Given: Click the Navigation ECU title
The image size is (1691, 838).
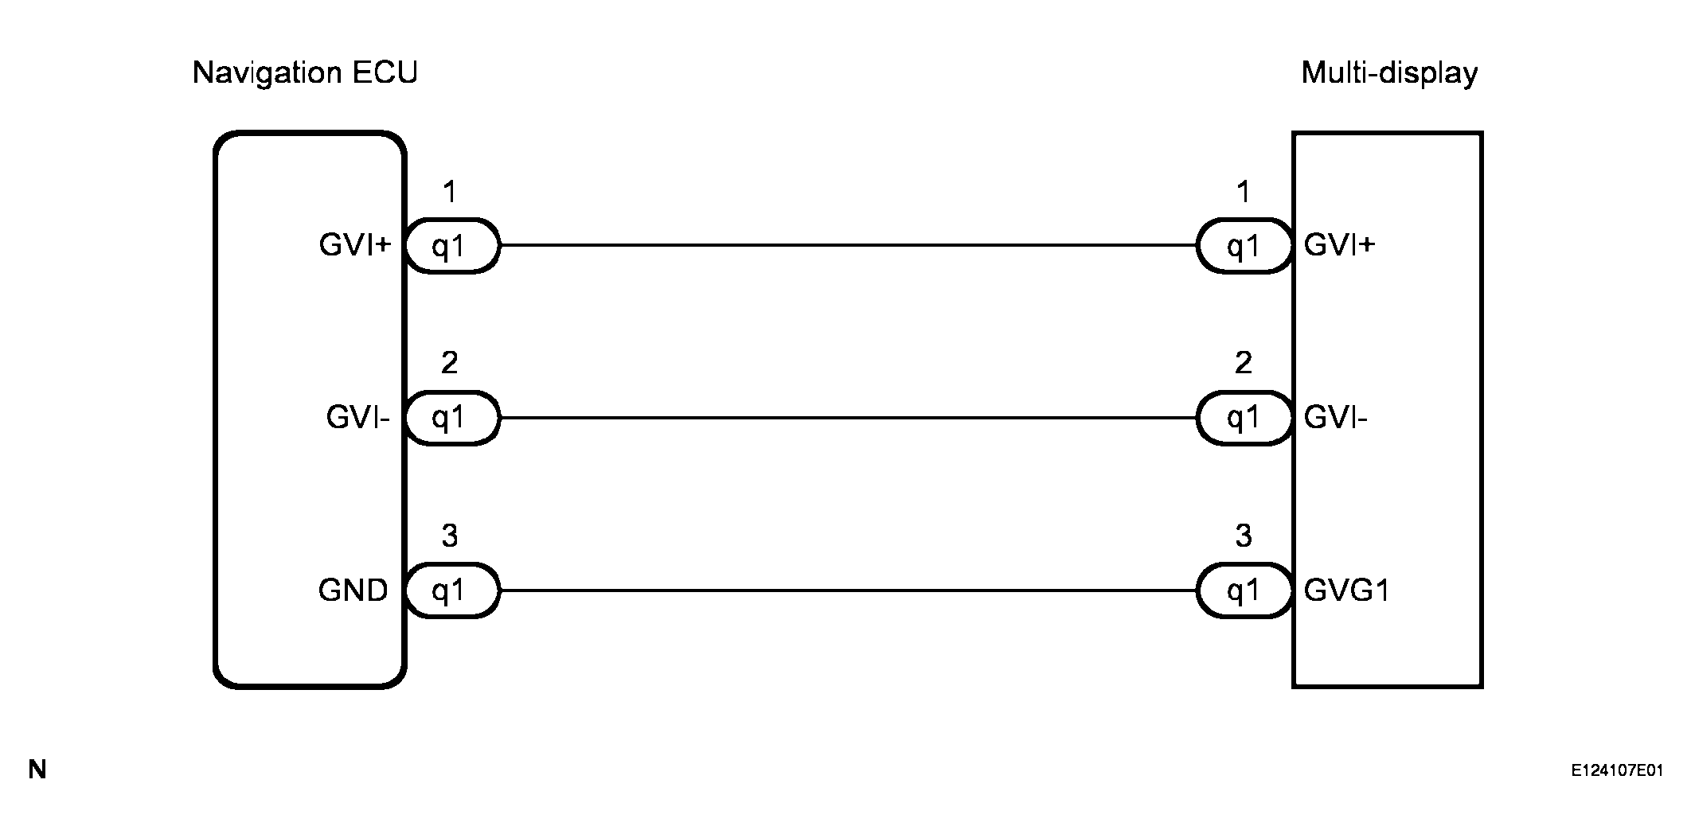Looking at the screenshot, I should pyautogui.click(x=305, y=73).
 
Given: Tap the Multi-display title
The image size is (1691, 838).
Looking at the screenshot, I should pyautogui.click(x=1389, y=73).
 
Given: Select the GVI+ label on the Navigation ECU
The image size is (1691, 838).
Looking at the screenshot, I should pyautogui.click(x=355, y=245).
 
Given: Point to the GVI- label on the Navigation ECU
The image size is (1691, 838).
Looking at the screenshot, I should pyautogui.click(x=357, y=418).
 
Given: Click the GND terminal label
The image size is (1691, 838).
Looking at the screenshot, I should pyautogui.click(x=353, y=590).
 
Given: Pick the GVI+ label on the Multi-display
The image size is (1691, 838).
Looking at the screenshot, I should pyautogui.click(x=1339, y=245).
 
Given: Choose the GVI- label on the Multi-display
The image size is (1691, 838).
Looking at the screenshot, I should pyautogui.click(x=1335, y=418).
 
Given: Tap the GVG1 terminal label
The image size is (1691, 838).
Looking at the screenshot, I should pyautogui.click(x=1346, y=590).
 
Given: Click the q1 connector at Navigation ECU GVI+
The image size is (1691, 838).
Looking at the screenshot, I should pyautogui.click(x=451, y=246).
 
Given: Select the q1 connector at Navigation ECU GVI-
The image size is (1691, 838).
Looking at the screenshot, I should pyautogui.click(x=451, y=418).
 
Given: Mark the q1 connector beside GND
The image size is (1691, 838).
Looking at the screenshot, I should pyautogui.click(x=451, y=590).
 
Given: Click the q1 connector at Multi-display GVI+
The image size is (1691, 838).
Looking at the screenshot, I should pyautogui.click(x=1244, y=246).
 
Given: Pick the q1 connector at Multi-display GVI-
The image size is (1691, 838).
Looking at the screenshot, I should pyautogui.click(x=1244, y=418).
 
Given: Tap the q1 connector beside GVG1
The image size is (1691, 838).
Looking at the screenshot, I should pyautogui.click(x=1244, y=590).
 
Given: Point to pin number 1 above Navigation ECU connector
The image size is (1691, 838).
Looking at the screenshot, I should pyautogui.click(x=450, y=192).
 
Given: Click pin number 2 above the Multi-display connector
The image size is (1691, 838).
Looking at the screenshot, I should pyautogui.click(x=1243, y=364).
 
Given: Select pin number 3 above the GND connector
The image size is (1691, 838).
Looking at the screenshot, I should pyautogui.click(x=450, y=536).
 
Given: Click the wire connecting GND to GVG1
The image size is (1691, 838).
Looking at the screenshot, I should pyautogui.click(x=848, y=590).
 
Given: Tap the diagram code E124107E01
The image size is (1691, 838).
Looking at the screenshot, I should pyautogui.click(x=1617, y=770).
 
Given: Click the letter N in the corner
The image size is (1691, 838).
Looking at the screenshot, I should pyautogui.click(x=37, y=770).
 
